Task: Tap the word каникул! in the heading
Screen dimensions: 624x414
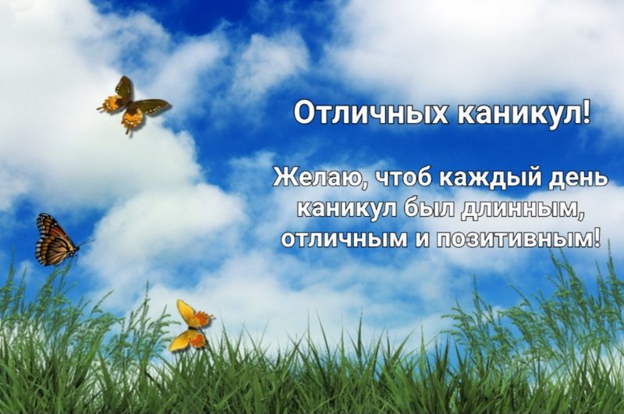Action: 523,112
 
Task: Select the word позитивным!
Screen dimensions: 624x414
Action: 518,239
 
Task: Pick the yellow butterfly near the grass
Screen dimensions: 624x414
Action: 191,325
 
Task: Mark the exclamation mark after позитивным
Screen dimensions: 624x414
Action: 597,238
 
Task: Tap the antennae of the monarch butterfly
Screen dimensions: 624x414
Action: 86,242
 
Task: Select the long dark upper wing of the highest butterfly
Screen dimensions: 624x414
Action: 151,106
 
